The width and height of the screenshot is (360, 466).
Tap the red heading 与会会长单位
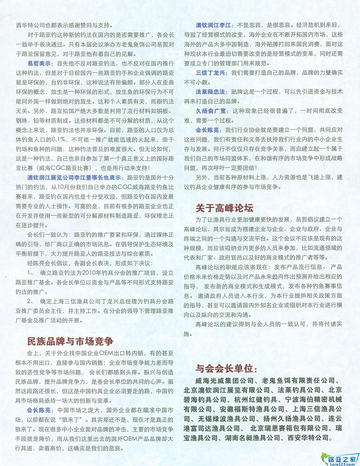[226, 369]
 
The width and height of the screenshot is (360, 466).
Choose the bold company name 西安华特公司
[310, 438]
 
